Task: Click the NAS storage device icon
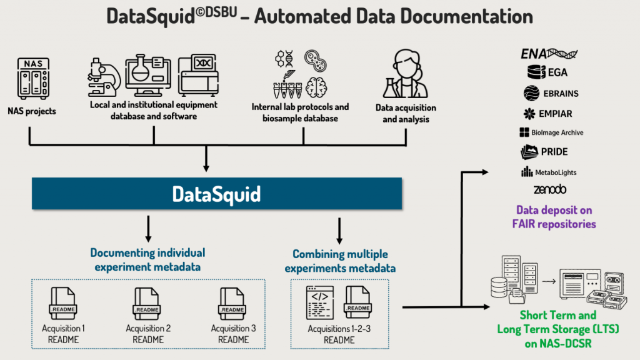[x=33, y=78]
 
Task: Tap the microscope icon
[x=104, y=77]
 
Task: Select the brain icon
[x=316, y=87]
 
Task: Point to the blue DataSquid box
[x=217, y=194]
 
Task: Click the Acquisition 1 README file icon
[x=63, y=304]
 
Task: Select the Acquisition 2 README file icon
[x=146, y=304]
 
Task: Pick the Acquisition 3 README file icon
[x=232, y=304]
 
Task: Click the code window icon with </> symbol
[x=320, y=303]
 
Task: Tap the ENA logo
[x=549, y=54]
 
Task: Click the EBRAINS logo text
[x=561, y=94]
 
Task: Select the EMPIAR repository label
[x=556, y=114]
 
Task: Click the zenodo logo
[x=550, y=189]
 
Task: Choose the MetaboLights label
[x=556, y=172]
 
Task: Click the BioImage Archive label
[x=557, y=132]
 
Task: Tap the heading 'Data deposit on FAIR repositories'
[x=554, y=217]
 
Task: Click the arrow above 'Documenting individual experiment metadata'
[x=148, y=229]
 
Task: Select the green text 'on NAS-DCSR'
[x=558, y=343]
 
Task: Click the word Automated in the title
[x=302, y=16]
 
